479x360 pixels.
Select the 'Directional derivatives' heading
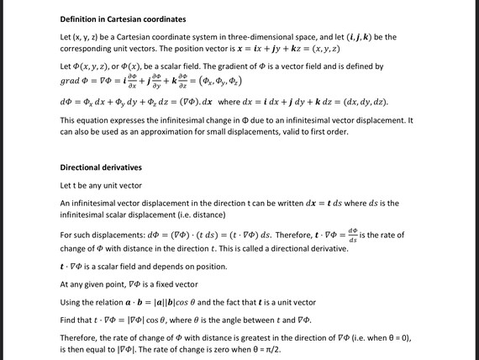pyautogui.click(x=101, y=167)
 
